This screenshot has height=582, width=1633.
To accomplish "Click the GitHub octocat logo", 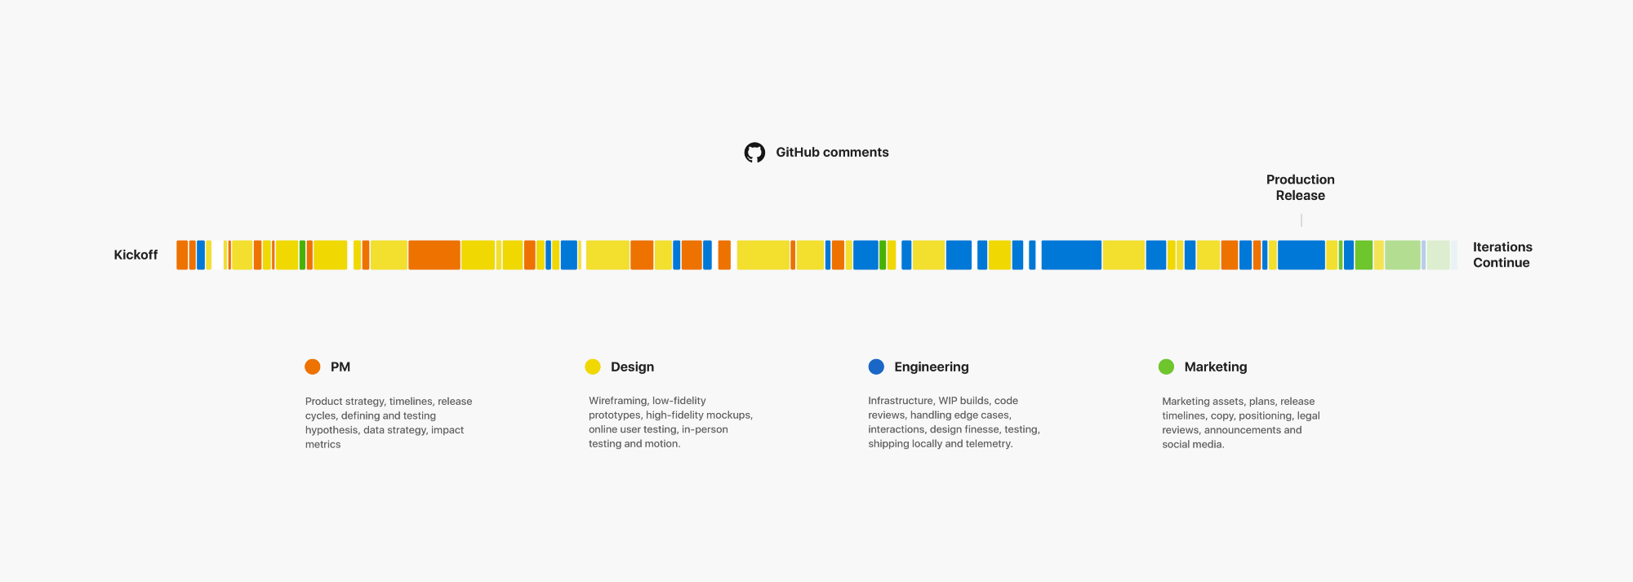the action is (x=754, y=153).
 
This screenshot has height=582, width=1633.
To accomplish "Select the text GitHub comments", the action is (x=832, y=153).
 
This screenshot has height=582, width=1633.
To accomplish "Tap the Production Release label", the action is (x=1300, y=188).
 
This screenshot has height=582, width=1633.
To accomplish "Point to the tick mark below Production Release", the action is (x=1301, y=220).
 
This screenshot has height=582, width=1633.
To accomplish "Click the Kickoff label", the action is (x=136, y=255).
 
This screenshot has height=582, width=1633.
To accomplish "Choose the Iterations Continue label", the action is (x=1502, y=255).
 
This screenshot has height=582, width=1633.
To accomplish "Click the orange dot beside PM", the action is (x=312, y=367).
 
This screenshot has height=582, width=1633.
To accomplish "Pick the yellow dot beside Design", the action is (x=593, y=367).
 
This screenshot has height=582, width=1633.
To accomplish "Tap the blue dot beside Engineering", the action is (x=876, y=367).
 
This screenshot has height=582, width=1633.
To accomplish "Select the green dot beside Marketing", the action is (x=1166, y=367).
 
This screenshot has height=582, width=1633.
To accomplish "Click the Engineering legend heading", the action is (x=931, y=367).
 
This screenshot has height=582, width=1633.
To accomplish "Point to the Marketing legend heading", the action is (x=1215, y=367).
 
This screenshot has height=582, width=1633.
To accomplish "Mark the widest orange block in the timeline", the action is (x=434, y=255).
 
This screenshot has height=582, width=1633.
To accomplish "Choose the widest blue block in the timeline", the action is (x=1071, y=255).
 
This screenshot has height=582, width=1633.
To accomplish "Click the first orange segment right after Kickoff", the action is (x=182, y=255).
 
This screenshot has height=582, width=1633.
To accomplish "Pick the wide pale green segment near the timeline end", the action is (x=1402, y=255).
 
